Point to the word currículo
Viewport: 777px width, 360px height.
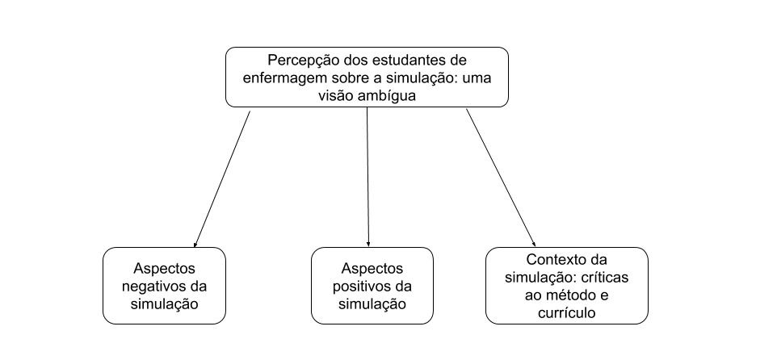click(567, 313)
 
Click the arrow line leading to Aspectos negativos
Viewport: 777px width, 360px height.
click(222, 178)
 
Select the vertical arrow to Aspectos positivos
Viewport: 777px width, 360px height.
click(367, 177)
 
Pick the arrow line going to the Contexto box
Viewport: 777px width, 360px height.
click(501, 178)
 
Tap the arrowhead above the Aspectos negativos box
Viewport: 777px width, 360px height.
click(195, 244)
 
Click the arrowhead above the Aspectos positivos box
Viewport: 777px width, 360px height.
click(368, 244)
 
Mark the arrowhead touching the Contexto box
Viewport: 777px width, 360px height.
click(534, 243)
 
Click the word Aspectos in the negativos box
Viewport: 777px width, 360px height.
click(164, 269)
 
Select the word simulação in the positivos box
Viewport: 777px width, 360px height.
click(372, 304)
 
